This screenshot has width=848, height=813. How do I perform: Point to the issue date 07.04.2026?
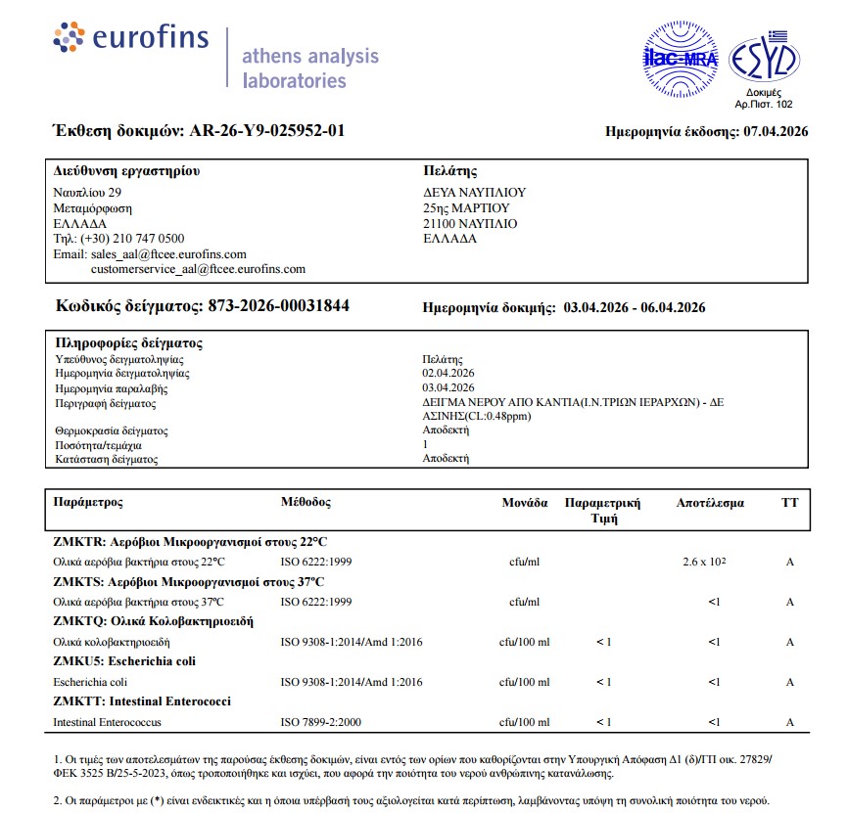click(776, 131)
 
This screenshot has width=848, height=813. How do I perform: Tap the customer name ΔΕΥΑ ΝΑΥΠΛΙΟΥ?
click(475, 193)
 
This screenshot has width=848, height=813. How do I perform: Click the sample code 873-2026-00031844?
click(278, 306)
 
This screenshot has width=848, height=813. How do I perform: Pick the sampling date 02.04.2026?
click(448, 373)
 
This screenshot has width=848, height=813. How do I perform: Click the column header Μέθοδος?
click(306, 502)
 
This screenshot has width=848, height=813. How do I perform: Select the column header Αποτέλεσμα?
click(710, 503)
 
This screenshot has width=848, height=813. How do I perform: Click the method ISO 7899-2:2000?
click(321, 722)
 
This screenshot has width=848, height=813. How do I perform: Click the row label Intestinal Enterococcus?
click(108, 722)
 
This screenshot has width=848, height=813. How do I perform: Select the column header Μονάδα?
click(524, 503)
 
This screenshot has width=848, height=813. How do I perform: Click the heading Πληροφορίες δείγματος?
click(129, 343)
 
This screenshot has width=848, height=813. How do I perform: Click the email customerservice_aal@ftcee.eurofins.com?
click(198, 268)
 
